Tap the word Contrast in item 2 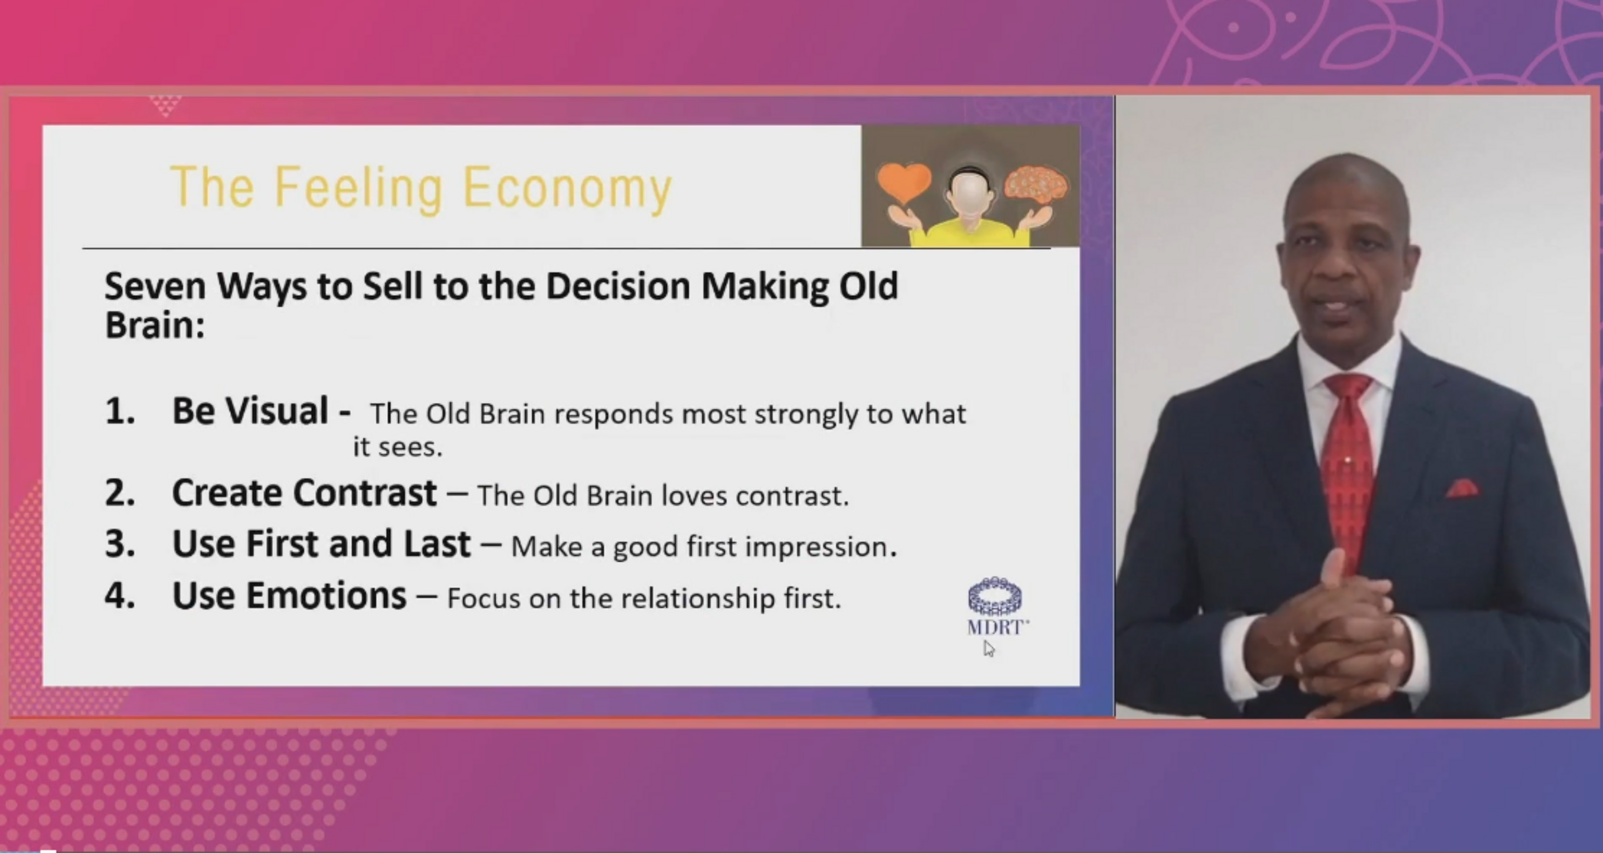click(x=365, y=493)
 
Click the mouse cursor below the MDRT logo click(x=989, y=648)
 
